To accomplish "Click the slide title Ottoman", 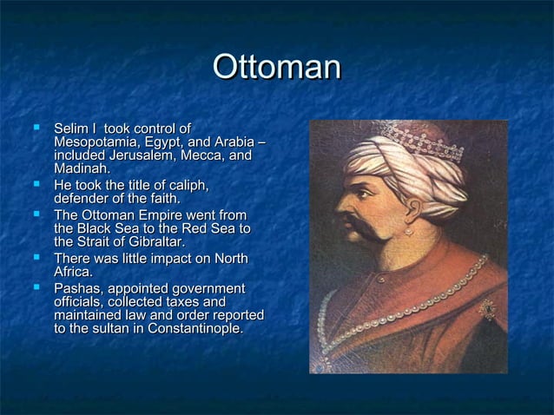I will point(277,69).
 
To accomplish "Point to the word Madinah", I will point(81,169).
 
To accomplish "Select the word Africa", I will point(73,273).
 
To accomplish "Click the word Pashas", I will point(77,288).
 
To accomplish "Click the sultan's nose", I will point(342,208).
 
